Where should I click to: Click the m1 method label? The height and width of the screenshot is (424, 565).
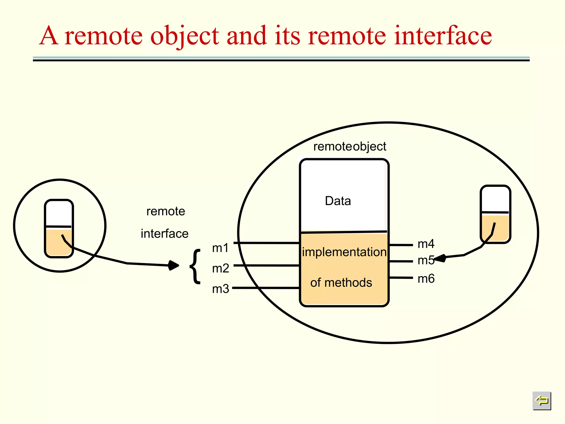coord(220,248)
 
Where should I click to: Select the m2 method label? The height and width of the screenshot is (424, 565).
coord(220,268)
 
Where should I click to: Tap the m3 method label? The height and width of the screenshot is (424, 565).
coord(220,289)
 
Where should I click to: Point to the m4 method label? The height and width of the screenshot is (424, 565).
coord(426,244)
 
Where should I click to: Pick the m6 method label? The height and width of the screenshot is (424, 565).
coord(426,279)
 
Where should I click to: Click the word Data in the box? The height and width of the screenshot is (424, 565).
coord(338,201)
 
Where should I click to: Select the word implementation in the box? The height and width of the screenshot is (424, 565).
coord(344,252)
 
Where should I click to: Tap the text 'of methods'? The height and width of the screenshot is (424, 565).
coord(341,283)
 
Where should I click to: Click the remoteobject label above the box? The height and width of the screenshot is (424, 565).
coord(350,147)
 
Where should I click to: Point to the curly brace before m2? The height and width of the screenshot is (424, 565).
coord(195,266)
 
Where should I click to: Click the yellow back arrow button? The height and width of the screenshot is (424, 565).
coord(542,401)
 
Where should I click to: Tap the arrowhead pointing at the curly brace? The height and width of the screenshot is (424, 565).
coord(174,265)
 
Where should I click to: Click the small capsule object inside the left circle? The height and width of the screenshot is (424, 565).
coord(59,229)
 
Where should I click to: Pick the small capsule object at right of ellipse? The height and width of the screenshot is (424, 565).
coord(495,214)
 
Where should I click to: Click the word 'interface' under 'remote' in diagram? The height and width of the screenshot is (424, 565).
coord(164,234)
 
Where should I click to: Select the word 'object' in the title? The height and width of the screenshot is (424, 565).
coord(185,36)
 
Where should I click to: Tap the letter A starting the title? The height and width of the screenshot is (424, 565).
coord(49,36)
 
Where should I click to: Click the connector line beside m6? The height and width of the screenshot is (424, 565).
coord(401,278)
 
